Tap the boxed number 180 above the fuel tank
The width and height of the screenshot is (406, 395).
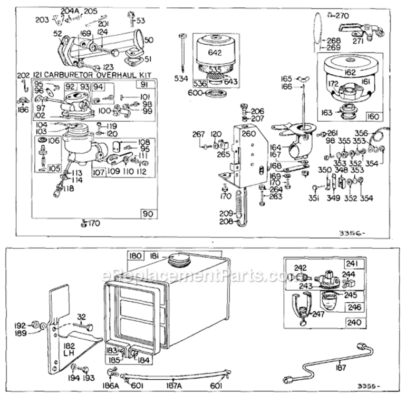click(136, 256)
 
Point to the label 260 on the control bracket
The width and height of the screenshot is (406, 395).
click(248, 133)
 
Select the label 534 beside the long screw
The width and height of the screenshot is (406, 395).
click(181, 78)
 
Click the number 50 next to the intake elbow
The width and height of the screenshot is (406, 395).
click(149, 40)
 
